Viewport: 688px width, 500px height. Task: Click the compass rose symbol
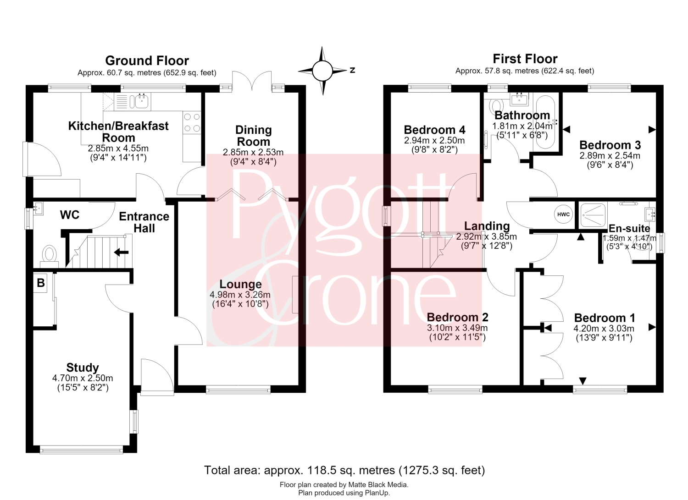point(322,71)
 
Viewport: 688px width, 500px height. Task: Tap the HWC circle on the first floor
point(563,214)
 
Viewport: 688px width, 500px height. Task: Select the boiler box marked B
point(40,283)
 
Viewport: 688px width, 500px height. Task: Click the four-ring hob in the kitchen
point(192,122)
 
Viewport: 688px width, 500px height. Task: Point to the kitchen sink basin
point(142,101)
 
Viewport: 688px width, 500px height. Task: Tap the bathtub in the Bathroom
point(545,122)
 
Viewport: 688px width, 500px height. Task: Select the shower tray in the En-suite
point(593,215)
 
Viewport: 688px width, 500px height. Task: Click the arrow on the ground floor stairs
point(122,253)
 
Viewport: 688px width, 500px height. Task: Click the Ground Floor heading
point(147,60)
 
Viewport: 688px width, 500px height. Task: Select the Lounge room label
point(240,284)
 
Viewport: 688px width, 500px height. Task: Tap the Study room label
point(83,368)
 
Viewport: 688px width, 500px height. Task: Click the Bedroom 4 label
point(434,130)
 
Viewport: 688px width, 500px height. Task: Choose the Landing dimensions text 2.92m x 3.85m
point(487,236)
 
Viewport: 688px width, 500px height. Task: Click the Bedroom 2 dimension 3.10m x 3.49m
point(457,328)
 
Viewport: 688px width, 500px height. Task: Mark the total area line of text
point(344,470)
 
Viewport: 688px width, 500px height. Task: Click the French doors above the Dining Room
point(252,80)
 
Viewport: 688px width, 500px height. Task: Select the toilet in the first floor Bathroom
point(497,105)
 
